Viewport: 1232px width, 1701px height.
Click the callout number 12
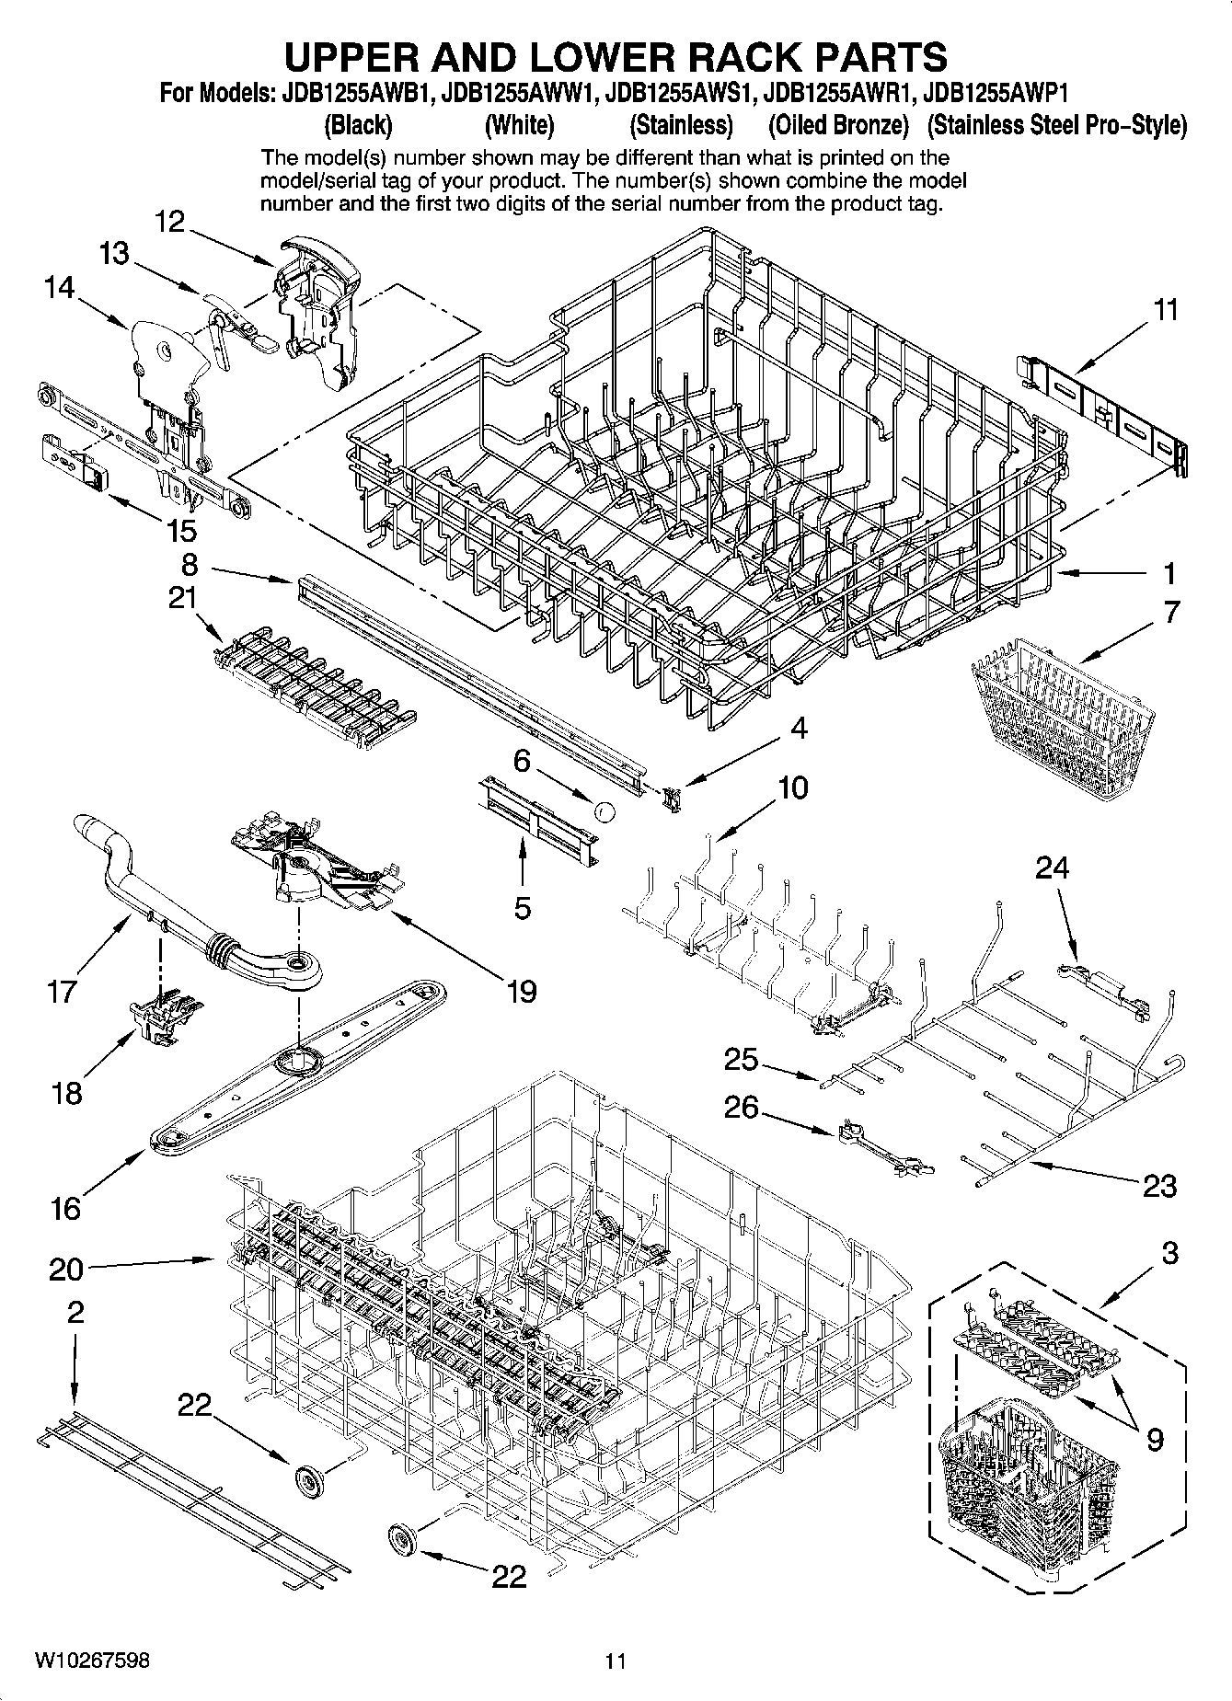[x=170, y=222]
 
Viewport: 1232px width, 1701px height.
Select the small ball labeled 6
[x=604, y=810]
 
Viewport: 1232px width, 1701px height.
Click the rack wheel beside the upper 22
[x=311, y=1477]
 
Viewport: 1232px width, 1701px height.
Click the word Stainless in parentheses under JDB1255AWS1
[x=680, y=124]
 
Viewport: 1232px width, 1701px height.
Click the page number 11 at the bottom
[x=615, y=1661]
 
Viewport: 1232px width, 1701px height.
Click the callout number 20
[x=65, y=1270]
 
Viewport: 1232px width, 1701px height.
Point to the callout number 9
[x=1155, y=1437]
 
